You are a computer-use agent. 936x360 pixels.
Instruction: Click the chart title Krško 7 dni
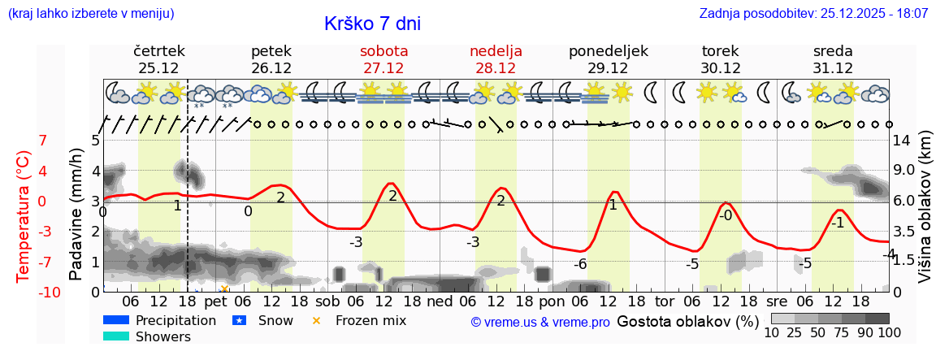coord(372,24)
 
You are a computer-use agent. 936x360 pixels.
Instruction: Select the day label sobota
coord(383,51)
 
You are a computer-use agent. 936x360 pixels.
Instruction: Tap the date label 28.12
coord(496,68)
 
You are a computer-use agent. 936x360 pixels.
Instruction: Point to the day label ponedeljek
coord(609,51)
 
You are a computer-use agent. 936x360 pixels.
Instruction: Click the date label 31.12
coord(833,68)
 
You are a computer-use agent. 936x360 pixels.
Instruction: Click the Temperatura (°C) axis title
coord(25,216)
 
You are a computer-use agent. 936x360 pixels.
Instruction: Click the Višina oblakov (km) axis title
coord(925,215)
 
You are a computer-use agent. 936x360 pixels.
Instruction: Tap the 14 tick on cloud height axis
coord(901,141)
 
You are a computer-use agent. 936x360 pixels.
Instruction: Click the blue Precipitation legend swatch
coord(116,320)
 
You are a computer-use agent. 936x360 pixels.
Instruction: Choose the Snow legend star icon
coord(238,320)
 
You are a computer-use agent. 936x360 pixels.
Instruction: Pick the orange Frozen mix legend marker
coord(317,320)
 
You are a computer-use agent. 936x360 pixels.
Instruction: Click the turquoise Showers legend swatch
coord(116,336)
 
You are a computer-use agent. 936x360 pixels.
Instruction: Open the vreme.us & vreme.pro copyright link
coord(540,322)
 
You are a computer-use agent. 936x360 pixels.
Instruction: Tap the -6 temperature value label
coord(580,264)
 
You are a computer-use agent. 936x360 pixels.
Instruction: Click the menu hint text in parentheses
coord(90,14)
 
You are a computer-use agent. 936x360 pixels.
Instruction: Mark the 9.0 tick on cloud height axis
coord(904,171)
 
